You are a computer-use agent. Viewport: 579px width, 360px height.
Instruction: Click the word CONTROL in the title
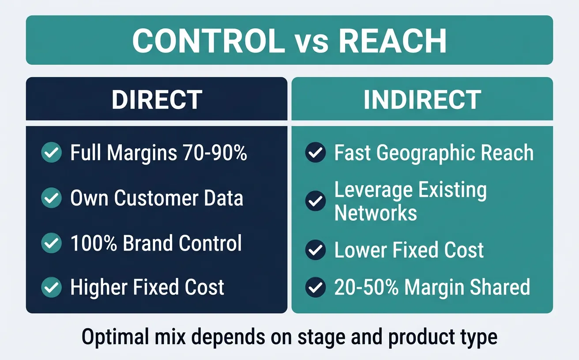(x=208, y=41)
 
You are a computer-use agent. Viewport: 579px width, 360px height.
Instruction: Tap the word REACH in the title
(x=392, y=41)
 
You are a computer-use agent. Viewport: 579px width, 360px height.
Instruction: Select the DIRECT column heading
(x=157, y=100)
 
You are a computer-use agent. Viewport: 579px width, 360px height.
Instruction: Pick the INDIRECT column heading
(x=422, y=100)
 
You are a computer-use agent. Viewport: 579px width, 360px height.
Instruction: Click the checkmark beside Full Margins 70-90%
(x=51, y=153)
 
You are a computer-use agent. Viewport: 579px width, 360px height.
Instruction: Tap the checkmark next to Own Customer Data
(x=51, y=198)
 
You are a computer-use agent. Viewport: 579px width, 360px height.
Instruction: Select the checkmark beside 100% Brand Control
(x=51, y=243)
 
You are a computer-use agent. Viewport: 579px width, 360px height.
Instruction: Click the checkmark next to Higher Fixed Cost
(x=51, y=288)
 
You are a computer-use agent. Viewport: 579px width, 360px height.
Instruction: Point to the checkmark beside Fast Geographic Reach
(x=316, y=153)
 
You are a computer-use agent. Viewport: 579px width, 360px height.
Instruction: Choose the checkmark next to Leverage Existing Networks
(x=316, y=201)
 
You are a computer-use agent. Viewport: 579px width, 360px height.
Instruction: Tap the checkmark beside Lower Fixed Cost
(x=316, y=250)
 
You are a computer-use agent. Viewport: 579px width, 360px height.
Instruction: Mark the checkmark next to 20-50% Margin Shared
(x=316, y=288)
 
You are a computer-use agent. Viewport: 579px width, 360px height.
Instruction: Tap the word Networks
(x=376, y=213)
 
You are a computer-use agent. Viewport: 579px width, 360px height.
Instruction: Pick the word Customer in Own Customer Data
(x=167, y=198)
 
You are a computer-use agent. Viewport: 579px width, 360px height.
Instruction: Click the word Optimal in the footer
(x=115, y=337)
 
